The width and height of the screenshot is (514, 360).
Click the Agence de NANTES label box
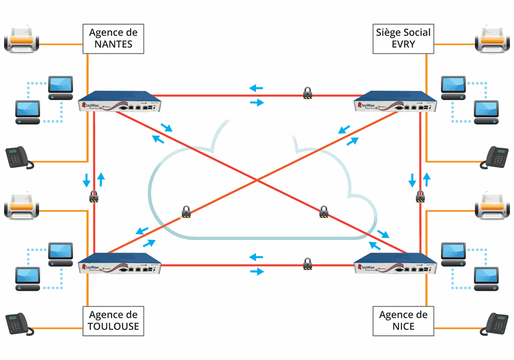coord(113,39)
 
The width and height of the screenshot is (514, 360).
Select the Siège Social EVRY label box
coord(403,38)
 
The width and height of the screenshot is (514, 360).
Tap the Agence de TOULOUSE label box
coord(113,321)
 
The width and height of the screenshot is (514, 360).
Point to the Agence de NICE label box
coord(403,321)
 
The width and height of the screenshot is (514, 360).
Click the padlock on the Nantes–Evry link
coord(307,93)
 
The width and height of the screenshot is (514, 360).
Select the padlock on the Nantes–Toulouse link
coord(94,196)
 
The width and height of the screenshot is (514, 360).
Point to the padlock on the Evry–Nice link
coord(421,196)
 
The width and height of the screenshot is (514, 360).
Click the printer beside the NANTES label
coord(22,40)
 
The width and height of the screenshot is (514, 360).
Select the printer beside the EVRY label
coord(492,40)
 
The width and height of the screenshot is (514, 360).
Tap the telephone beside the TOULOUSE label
coord(20,324)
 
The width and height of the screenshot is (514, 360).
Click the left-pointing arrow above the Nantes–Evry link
coord(256,88)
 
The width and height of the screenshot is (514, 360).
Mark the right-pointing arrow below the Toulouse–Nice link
coord(256,272)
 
